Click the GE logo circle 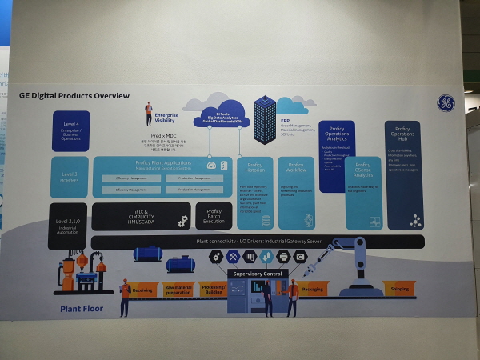click(446, 103)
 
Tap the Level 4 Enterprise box click(70, 130)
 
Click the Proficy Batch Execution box click(214, 215)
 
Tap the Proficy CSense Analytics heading click(363, 170)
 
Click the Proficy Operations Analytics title click(337, 134)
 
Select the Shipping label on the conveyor click(399, 289)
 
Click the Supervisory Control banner click(255, 273)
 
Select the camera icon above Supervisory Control click(300, 256)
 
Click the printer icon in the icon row click(282, 256)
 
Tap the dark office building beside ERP click(264, 119)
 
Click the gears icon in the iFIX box click(182, 221)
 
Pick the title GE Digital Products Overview click(74, 96)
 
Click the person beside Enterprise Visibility click(149, 114)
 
